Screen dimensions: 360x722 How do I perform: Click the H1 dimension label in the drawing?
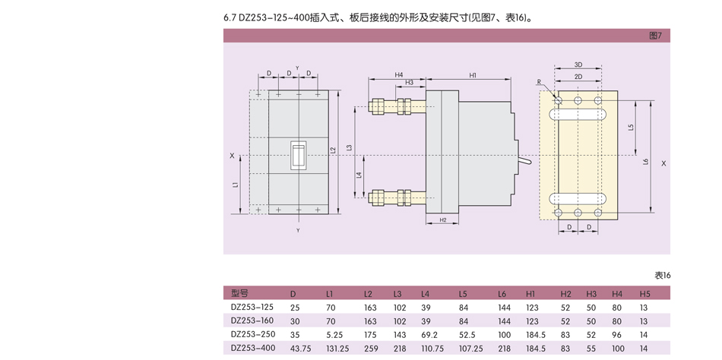point(472,75)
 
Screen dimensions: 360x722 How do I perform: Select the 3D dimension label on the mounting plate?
point(578,65)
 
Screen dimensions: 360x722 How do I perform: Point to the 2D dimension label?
point(578,77)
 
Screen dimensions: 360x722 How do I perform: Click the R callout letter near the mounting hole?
point(538,81)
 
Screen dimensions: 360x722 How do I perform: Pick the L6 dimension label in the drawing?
point(645,161)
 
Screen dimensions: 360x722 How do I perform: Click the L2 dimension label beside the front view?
point(333,150)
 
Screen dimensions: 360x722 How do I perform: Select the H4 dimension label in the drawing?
point(398,74)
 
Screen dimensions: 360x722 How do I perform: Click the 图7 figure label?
point(655,36)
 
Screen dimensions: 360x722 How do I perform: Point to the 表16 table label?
point(662,275)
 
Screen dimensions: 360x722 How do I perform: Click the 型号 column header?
point(239,293)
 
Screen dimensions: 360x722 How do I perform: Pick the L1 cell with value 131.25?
point(337,348)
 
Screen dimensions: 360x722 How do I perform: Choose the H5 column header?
point(644,293)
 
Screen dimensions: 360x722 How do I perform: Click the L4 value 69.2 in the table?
point(430,334)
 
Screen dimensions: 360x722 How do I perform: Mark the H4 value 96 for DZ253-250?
point(616,334)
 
